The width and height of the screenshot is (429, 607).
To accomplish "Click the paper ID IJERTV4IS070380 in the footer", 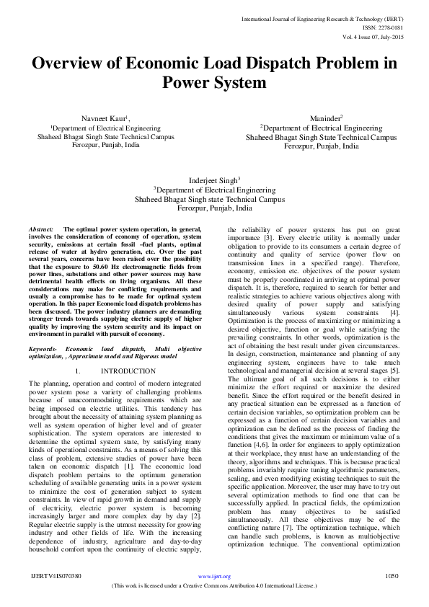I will tap(55, 577).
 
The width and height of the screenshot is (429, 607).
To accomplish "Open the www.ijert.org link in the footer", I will tap(214, 577).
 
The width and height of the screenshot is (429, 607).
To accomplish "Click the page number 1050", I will tap(392, 577).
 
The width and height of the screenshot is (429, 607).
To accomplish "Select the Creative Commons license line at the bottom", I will tap(214, 585).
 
